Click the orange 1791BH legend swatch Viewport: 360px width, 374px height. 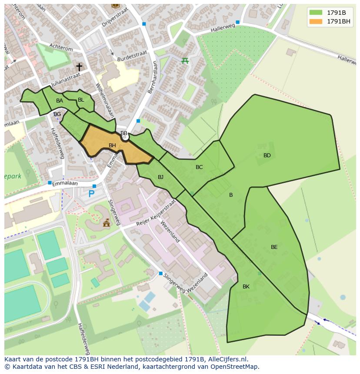click(x=316, y=21)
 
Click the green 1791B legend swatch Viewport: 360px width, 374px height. click(x=316, y=13)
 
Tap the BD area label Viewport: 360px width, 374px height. click(x=267, y=156)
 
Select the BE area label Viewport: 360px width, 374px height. click(x=274, y=247)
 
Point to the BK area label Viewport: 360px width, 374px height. click(x=246, y=287)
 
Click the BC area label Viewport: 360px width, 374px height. click(x=199, y=167)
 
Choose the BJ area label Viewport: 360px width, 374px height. click(x=160, y=177)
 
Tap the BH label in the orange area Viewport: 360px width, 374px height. click(x=112, y=146)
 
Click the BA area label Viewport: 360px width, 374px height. click(x=60, y=101)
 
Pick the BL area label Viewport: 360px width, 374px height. click(x=81, y=100)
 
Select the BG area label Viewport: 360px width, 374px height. click(x=57, y=114)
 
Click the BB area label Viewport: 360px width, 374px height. click(x=124, y=133)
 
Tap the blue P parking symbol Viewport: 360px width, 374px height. click(x=91, y=194)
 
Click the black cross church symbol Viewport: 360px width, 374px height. click(x=79, y=66)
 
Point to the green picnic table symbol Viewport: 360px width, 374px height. click(x=185, y=60)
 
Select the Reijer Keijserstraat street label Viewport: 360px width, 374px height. click(x=156, y=213)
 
